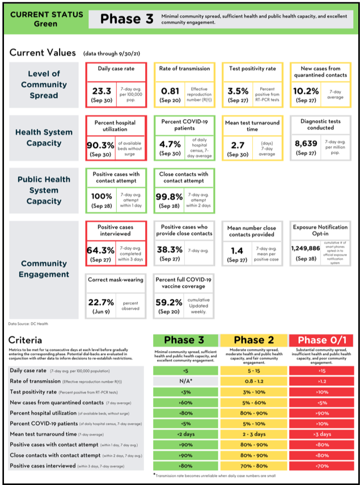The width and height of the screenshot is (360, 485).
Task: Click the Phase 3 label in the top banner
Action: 126,19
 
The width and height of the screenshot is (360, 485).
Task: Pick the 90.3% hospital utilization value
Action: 100,146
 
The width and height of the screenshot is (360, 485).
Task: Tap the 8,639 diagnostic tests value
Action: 306,145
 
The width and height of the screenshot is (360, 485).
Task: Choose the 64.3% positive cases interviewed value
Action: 100,249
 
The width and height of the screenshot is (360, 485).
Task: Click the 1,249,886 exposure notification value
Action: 306,248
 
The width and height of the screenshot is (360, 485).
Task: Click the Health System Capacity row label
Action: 44,137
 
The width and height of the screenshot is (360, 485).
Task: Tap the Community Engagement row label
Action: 44,269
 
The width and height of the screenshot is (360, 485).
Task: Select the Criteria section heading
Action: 25,340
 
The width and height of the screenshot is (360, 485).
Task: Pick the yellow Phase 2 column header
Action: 253,340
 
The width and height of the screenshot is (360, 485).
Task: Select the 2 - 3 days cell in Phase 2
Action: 253,434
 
